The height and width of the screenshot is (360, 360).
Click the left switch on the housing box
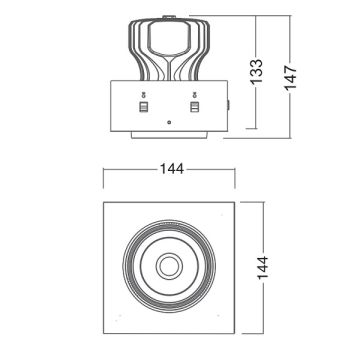(142, 103)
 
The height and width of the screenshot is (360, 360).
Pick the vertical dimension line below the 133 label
(259, 110)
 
